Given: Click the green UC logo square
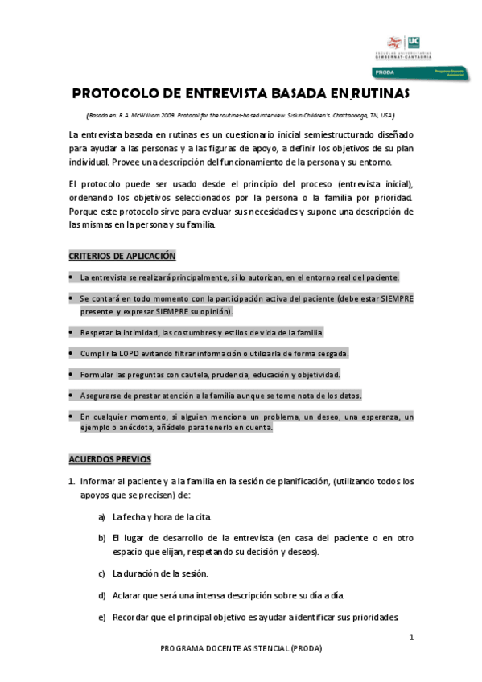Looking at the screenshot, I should pyautogui.click(x=414, y=41).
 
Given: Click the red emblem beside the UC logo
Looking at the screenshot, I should pyautogui.click(x=395, y=41).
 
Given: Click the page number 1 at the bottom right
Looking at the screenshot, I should pyautogui.click(x=411, y=638).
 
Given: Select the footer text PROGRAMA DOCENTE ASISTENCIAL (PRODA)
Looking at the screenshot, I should pyautogui.click(x=240, y=647).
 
